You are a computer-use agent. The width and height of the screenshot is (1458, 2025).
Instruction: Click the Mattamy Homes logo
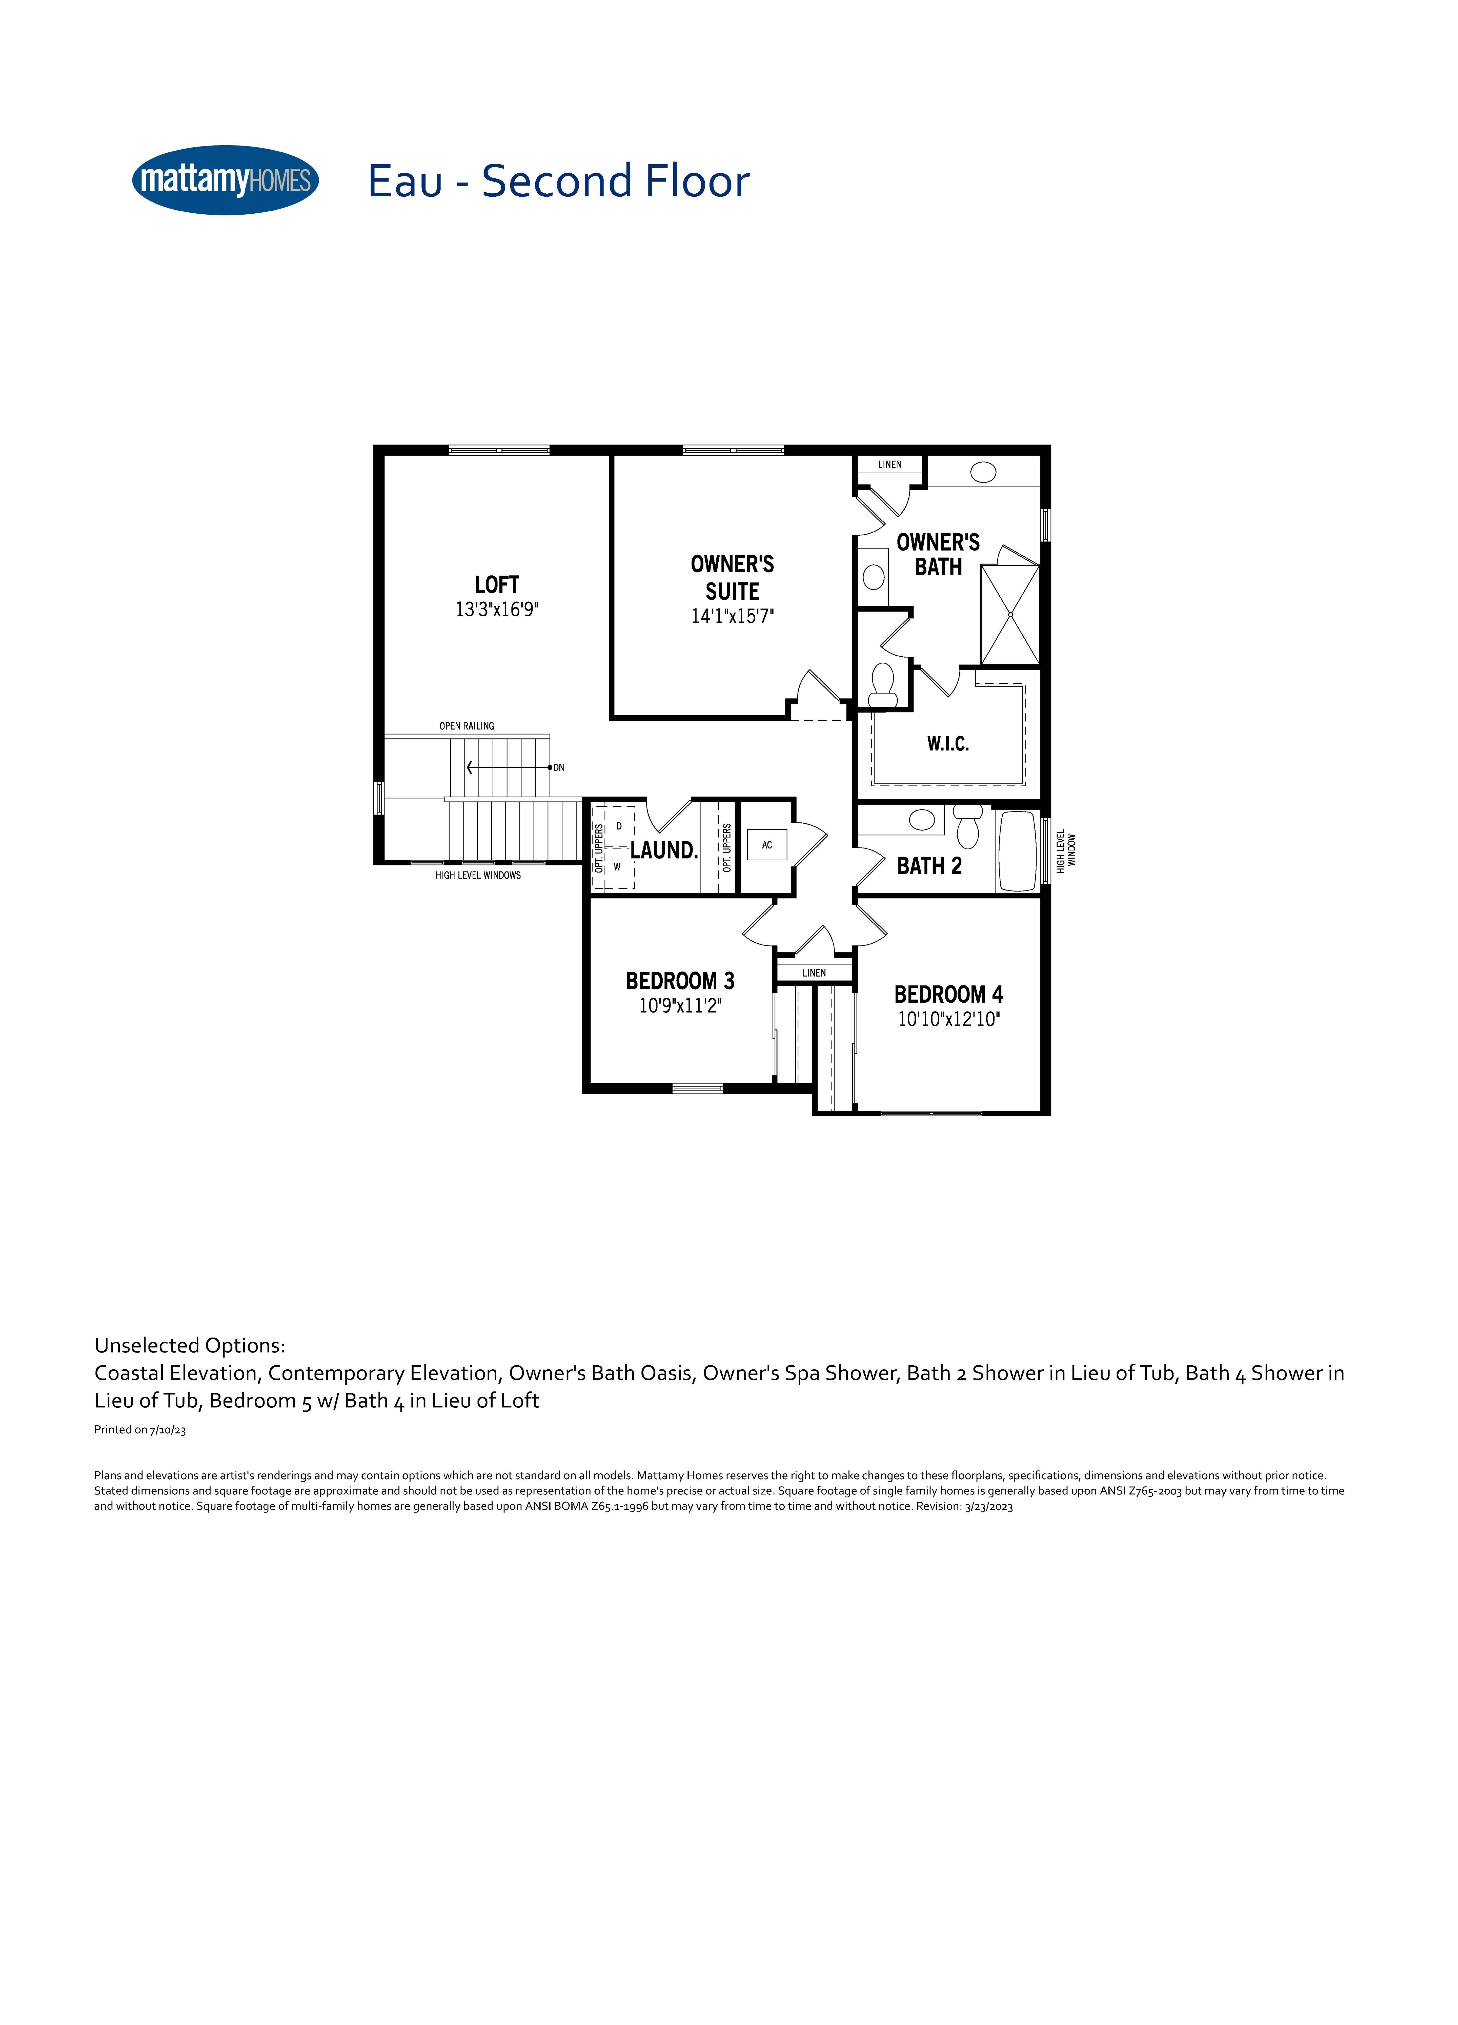(225, 180)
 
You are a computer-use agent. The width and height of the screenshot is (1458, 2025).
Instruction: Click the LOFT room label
(496, 585)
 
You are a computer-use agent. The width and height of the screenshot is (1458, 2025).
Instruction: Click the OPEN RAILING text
(466, 726)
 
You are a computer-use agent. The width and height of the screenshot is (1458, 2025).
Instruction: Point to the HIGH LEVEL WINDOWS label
(478, 875)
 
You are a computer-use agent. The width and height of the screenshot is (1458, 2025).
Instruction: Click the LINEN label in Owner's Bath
(889, 464)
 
